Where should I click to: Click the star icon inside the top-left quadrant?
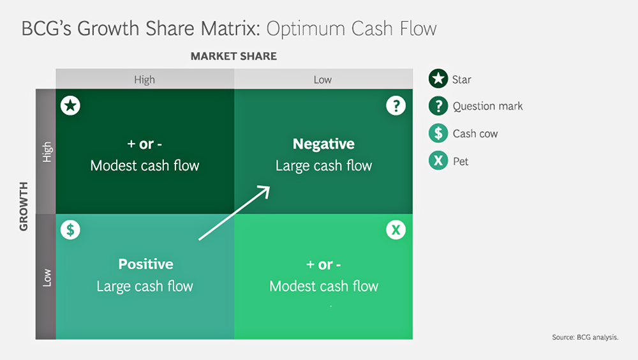(x=70, y=106)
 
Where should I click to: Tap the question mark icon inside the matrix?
(x=396, y=106)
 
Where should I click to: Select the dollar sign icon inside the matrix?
(x=70, y=230)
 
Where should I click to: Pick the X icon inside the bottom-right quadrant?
(x=396, y=230)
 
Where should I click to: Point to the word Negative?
(x=323, y=144)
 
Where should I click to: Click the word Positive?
(x=145, y=264)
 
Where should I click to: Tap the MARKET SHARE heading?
(x=234, y=56)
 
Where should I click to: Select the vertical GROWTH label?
(x=24, y=206)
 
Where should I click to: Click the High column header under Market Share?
(x=144, y=79)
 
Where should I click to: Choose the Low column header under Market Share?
(x=323, y=79)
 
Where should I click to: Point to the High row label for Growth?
(x=47, y=152)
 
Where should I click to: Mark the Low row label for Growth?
(x=47, y=278)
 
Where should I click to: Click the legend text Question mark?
(x=487, y=107)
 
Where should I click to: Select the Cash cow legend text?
(x=475, y=133)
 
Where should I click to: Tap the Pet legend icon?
(x=438, y=160)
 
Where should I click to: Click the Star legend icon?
(x=438, y=79)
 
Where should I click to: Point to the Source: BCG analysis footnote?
(x=585, y=337)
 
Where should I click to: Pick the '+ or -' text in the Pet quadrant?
(x=323, y=265)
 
